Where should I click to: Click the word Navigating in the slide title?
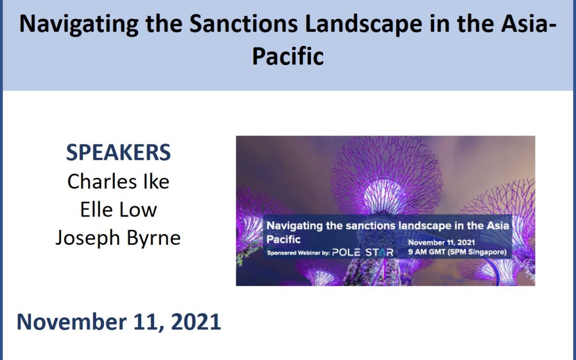(79, 24)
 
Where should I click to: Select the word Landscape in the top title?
(363, 24)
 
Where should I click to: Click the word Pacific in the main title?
(287, 56)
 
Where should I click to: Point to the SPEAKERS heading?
(118, 153)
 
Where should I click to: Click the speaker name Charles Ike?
(118, 181)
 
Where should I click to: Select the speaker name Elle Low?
(118, 210)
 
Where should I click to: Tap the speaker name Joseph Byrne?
(118, 238)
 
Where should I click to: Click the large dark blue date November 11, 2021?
(118, 322)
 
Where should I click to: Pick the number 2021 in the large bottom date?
(196, 322)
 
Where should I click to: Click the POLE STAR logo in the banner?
(363, 252)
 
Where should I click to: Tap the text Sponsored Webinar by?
(298, 253)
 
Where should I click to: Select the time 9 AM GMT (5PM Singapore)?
(458, 252)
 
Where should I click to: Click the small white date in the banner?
(441, 243)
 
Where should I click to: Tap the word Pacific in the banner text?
(283, 239)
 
